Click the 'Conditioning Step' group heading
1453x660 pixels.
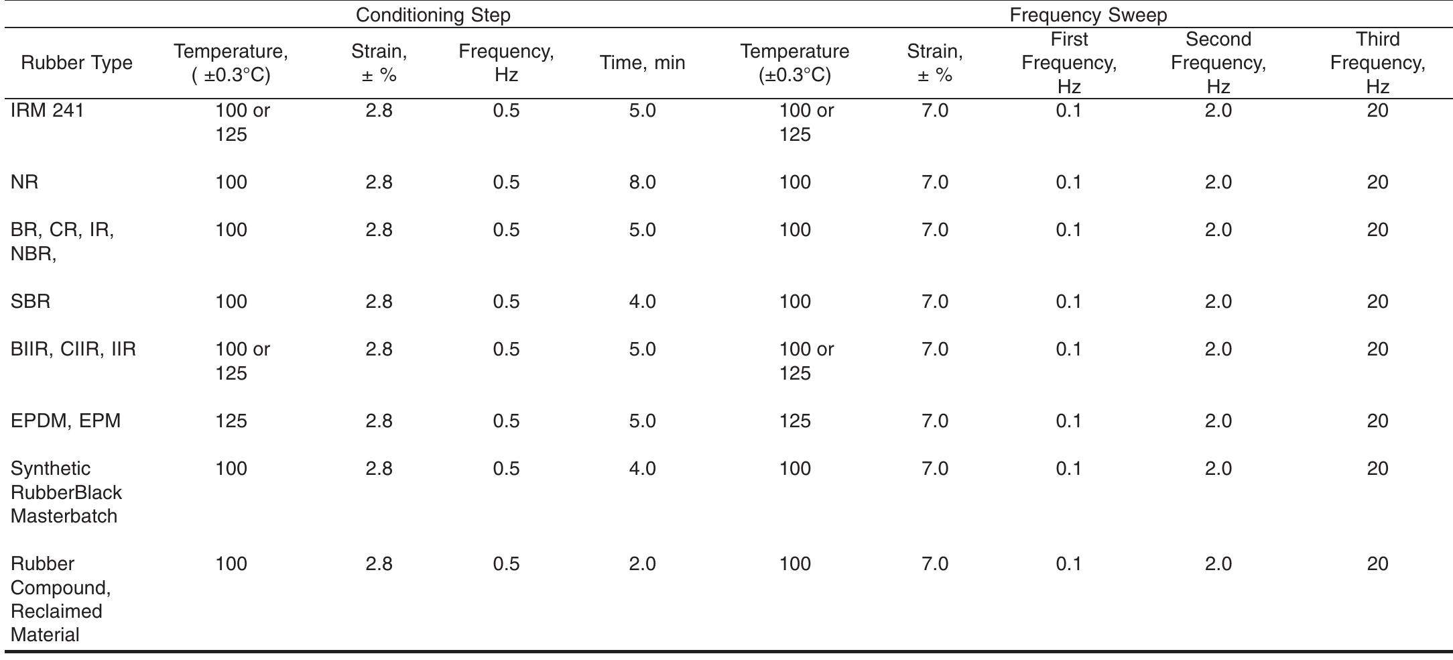pos(433,15)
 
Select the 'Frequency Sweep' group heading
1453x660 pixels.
pos(1088,15)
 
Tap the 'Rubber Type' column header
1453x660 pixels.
pos(76,63)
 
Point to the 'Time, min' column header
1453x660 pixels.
pos(642,63)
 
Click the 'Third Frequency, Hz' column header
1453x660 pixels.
pos(1377,63)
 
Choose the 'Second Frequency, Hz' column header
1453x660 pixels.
pos(1218,63)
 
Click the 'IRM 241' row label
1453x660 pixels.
pos(47,111)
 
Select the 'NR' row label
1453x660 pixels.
pos(25,182)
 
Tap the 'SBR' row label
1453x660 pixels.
pos(31,302)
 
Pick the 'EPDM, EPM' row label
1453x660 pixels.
pos(66,421)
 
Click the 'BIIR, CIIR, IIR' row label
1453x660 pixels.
pos(73,349)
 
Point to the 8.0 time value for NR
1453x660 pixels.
pos(642,182)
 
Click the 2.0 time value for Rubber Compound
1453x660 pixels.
pos(642,564)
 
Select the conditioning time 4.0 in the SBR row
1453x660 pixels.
pos(642,302)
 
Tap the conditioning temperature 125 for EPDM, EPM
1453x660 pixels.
pos(231,421)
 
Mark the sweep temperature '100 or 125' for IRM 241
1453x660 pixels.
pos(806,123)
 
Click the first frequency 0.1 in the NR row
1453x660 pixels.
pos(1068,182)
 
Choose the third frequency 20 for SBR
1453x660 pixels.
pos(1377,302)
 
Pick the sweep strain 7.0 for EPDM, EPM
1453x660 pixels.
pos(935,421)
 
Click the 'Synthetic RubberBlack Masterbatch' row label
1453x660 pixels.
pos(66,492)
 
